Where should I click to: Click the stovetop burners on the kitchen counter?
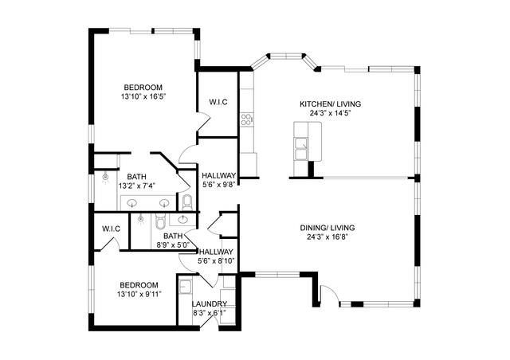click(x=247, y=120)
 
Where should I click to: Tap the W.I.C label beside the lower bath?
click(x=111, y=229)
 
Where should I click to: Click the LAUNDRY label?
click(x=210, y=304)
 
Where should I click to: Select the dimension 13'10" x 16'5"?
click(x=143, y=96)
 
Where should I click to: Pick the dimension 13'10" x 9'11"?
click(x=139, y=294)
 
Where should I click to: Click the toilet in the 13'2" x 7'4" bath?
click(x=186, y=200)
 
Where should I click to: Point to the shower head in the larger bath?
click(x=105, y=175)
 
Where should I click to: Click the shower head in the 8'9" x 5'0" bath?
click(x=143, y=217)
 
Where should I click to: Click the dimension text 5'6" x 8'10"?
click(x=215, y=260)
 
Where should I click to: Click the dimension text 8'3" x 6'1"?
click(x=210, y=313)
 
